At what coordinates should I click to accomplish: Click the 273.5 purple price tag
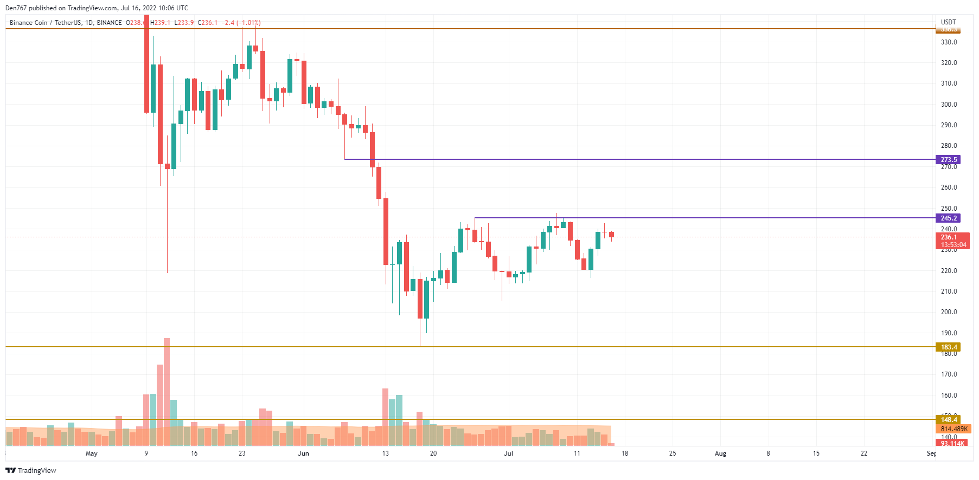948,160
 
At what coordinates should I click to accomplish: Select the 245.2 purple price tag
948,218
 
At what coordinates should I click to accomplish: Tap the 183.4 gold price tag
948,347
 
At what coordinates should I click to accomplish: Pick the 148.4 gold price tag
948,420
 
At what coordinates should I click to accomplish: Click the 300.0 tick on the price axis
949,105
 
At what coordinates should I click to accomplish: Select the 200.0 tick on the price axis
949,312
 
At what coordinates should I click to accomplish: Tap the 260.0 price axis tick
949,187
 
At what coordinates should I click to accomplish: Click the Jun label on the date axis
303,453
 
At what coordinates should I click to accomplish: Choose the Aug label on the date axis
720,453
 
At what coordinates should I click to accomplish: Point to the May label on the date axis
92,453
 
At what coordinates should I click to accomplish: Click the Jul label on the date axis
508,453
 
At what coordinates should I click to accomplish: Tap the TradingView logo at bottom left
31,470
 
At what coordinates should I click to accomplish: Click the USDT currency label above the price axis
949,22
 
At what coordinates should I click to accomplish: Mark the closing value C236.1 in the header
208,23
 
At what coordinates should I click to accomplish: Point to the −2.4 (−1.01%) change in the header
241,23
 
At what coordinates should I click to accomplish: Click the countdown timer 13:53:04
954,245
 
